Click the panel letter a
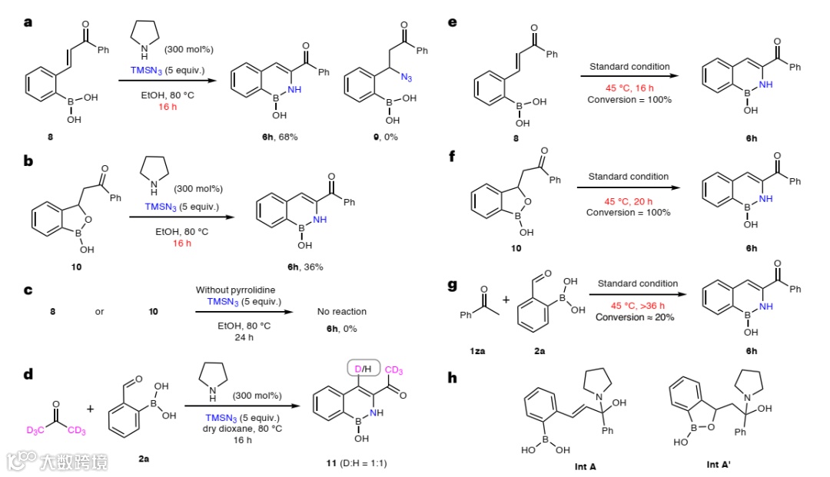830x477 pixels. (28, 22)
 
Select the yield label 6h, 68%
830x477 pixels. (277, 136)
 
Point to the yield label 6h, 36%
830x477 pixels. (304, 267)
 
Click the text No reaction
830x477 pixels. (341, 312)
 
